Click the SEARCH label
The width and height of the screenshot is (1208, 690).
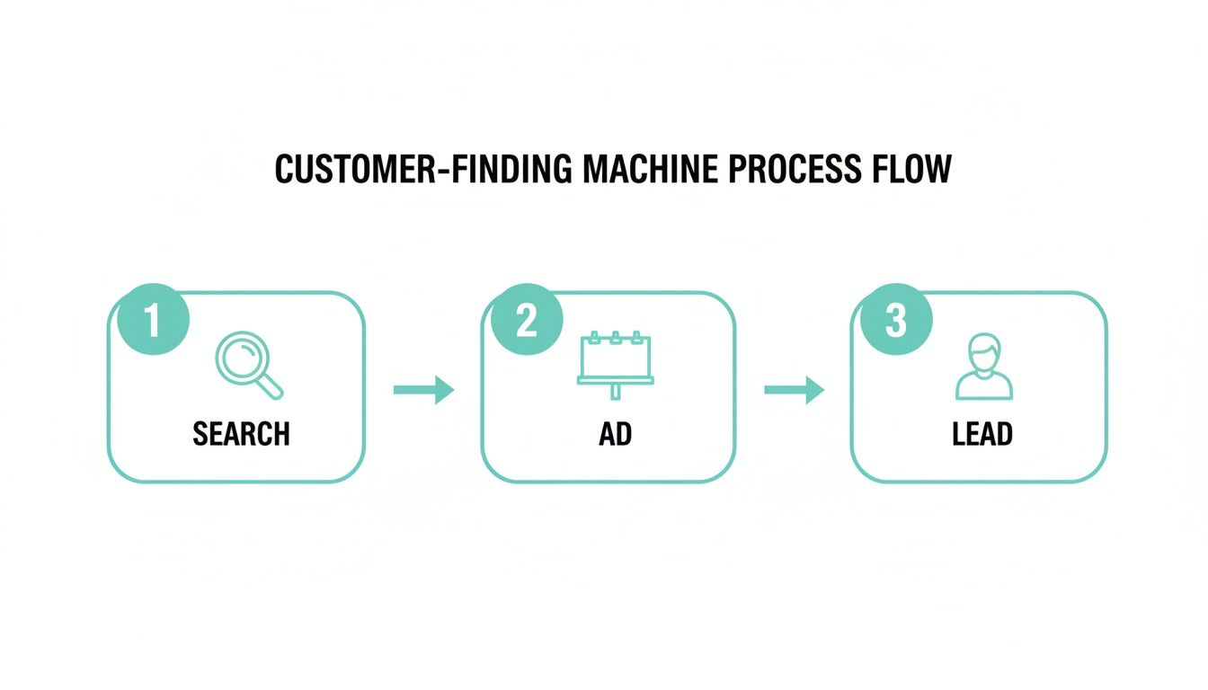pyautogui.click(x=241, y=435)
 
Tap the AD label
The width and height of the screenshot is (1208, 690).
pyautogui.click(x=615, y=435)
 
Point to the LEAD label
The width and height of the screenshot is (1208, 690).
pyautogui.click(x=982, y=435)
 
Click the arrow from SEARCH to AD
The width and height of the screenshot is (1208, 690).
pyautogui.click(x=423, y=390)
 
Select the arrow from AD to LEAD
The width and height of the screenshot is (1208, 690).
pyautogui.click(x=794, y=390)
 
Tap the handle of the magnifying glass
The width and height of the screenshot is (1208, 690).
pyautogui.click(x=270, y=386)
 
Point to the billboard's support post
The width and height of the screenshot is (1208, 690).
pyautogui.click(x=616, y=392)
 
